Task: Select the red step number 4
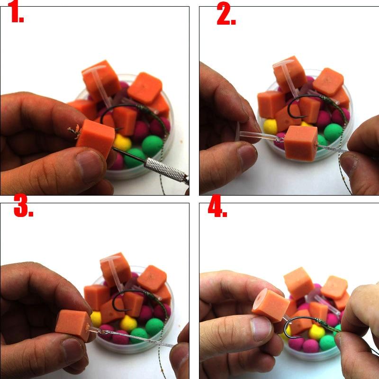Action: [217, 206]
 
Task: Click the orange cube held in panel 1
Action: [96, 138]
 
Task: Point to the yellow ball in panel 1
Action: [122, 143]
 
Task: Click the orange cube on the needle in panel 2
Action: [301, 143]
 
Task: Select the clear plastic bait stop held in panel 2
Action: [258, 136]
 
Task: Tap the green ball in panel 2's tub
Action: [333, 133]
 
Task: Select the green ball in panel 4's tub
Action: [327, 342]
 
